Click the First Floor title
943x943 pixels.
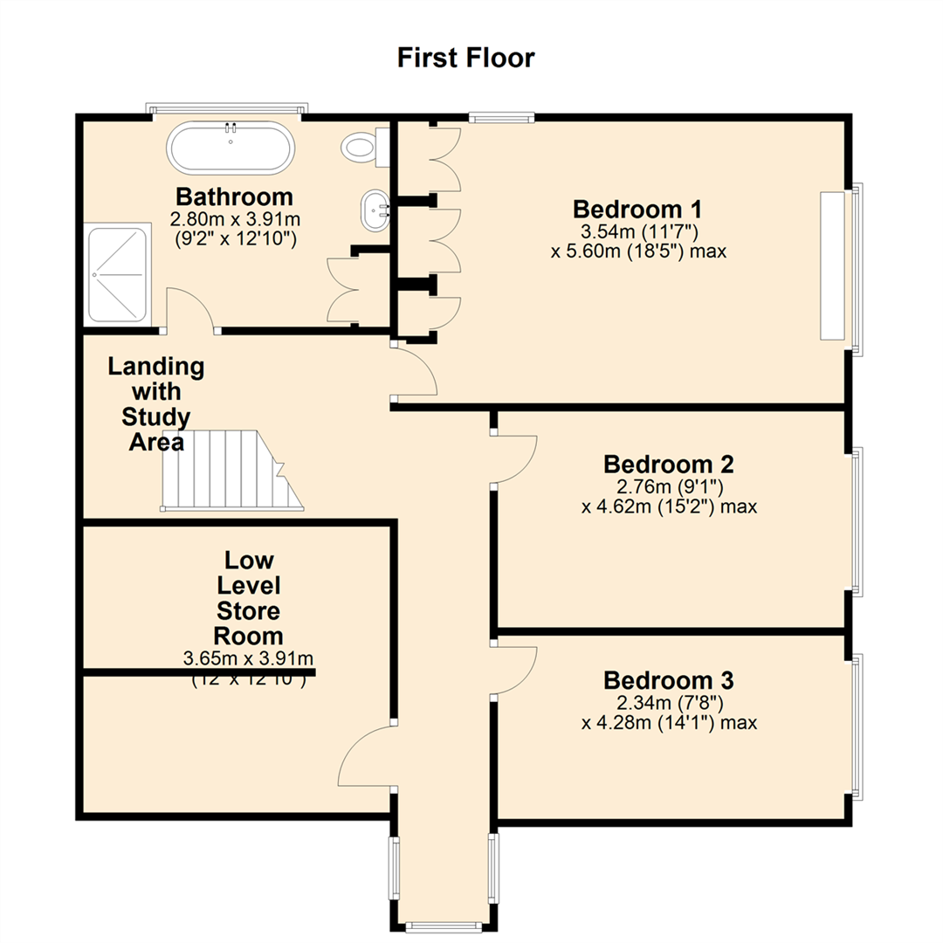465,59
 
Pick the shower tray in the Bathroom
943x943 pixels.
116,273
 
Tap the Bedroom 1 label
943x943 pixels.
637,210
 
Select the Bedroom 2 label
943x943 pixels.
668,463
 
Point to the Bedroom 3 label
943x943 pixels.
668,679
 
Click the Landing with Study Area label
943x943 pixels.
156,403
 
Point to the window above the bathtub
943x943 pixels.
227,109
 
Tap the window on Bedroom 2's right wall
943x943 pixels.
857,520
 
